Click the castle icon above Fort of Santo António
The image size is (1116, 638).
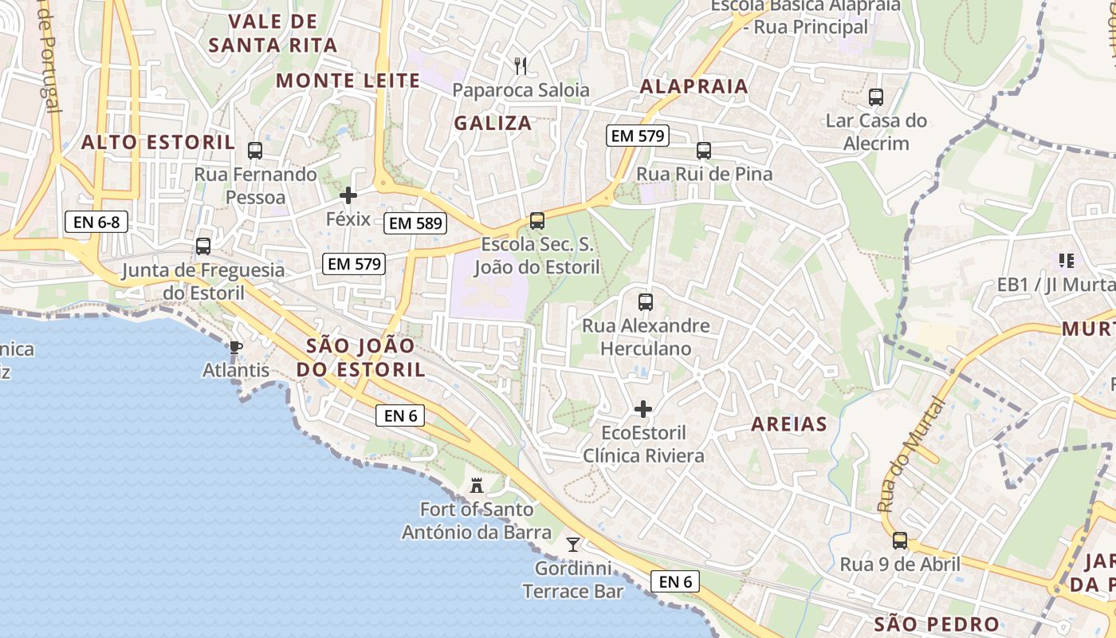477,484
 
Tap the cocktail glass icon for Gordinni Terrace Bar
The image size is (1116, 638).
572,545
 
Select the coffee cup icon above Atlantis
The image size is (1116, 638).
235,347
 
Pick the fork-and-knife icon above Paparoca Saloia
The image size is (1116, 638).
521,65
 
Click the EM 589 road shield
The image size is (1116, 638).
415,223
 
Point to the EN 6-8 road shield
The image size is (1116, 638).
96,222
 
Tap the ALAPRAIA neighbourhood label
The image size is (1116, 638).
694,87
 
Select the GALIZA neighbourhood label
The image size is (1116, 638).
493,123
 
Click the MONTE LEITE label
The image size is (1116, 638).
348,81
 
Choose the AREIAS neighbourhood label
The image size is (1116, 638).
789,424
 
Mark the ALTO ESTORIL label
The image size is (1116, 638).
159,143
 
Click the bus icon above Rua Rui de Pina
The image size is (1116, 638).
704,150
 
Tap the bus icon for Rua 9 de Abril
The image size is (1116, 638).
900,540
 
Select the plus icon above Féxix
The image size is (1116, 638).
348,195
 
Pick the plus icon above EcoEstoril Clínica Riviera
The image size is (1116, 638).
643,409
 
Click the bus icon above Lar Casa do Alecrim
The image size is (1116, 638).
876,97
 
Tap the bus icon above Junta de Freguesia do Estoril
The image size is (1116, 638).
203,246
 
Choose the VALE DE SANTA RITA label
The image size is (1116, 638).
273,33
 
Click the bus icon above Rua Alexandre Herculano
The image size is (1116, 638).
646,302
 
